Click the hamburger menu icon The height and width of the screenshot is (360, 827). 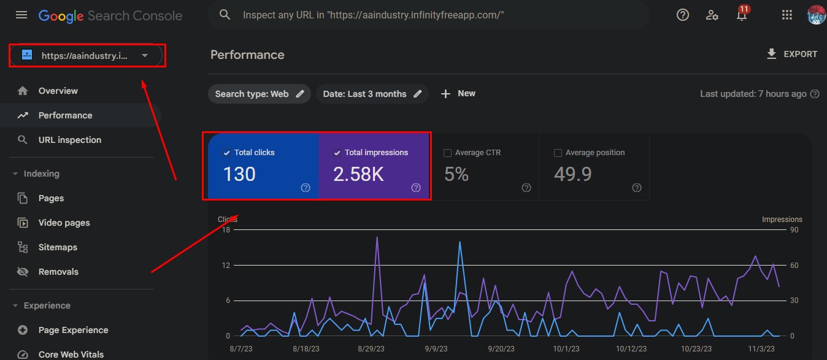click(x=21, y=15)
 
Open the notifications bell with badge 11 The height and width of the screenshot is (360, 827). click(x=742, y=15)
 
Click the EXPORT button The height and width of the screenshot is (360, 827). click(x=791, y=54)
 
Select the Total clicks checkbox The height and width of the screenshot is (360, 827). click(x=227, y=153)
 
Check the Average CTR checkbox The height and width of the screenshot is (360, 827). click(x=447, y=153)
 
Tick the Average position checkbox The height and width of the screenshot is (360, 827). click(x=558, y=153)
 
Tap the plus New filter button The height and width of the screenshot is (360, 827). click(x=458, y=93)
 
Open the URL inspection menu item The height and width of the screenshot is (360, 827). click(x=69, y=140)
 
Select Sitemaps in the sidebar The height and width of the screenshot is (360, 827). click(x=58, y=247)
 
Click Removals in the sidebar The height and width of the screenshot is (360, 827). click(x=58, y=272)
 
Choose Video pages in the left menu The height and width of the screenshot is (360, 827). click(x=64, y=223)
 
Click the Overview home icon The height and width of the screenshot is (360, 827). click(x=23, y=91)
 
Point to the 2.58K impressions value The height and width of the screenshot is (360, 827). click(x=358, y=174)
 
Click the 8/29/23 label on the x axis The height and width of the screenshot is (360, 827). click(x=371, y=348)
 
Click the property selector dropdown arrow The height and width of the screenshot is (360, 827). click(x=145, y=55)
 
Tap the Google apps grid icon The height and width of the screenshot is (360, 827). click(x=787, y=15)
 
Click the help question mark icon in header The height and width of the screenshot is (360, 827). click(x=682, y=15)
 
